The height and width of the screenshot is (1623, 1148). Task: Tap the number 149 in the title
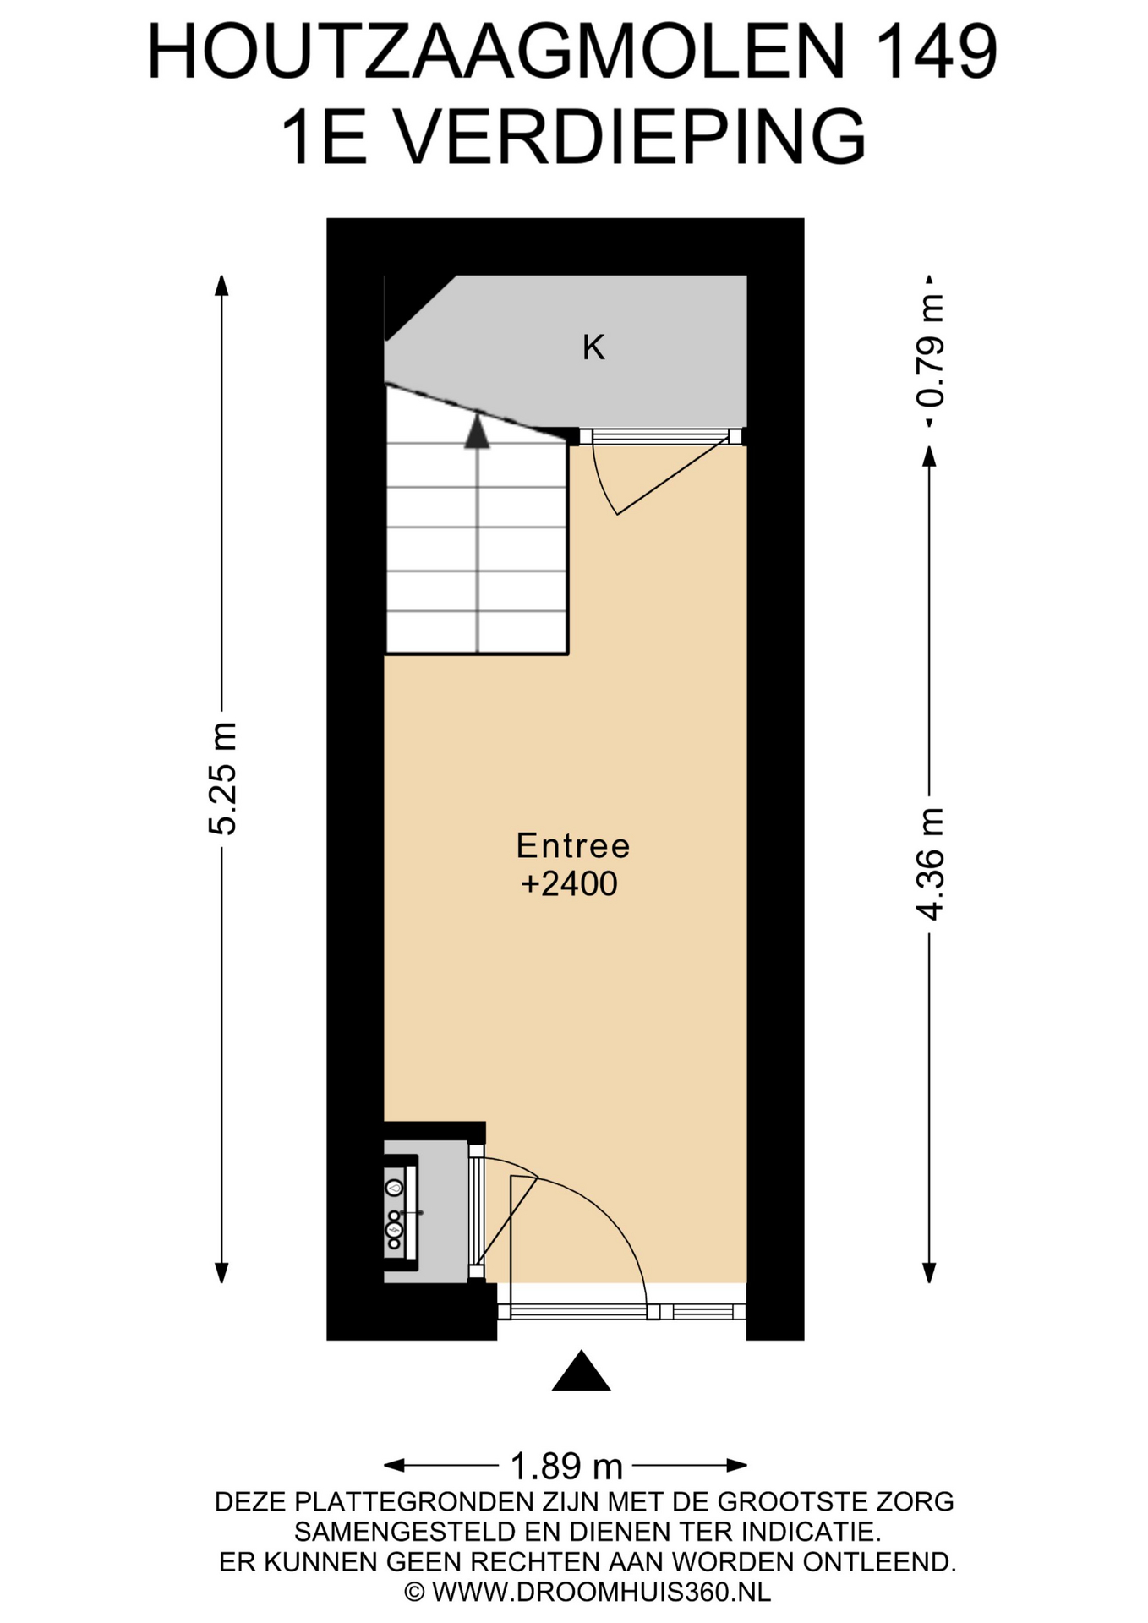pos(938,52)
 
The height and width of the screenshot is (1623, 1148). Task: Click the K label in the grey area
pos(593,347)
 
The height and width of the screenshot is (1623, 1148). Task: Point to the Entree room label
pos(573,845)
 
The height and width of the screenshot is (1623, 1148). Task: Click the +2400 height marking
pos(570,884)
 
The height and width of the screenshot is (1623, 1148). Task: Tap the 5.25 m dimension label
pos(222,779)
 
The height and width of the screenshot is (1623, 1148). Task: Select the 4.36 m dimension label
pos(929,863)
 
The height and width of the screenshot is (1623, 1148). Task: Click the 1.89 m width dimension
pos(566,1466)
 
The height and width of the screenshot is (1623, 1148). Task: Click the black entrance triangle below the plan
pos(581,1371)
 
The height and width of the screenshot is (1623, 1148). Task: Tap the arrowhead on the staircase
pos(478,430)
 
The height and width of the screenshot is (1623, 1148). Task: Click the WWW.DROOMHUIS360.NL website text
pos(601,1593)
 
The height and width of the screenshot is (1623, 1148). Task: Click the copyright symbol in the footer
pos(414,1593)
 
